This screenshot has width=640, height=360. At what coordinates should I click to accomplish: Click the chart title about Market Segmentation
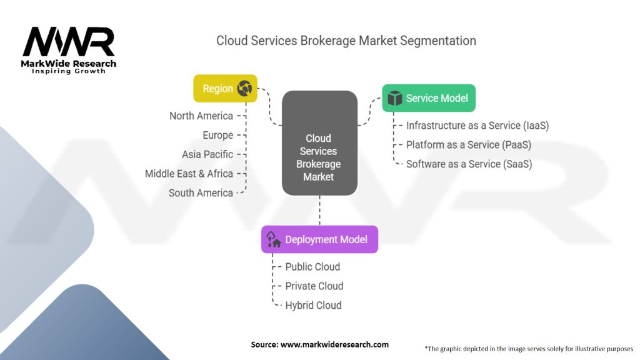click(x=346, y=41)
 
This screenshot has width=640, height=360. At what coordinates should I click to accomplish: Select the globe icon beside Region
click(x=244, y=89)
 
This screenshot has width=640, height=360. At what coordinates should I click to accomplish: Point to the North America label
click(x=201, y=116)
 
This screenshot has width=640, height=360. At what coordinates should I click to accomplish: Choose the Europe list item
click(x=217, y=135)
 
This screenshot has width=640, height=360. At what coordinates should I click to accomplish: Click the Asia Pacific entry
click(x=207, y=154)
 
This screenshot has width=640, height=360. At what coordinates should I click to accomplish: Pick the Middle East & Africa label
click(x=189, y=174)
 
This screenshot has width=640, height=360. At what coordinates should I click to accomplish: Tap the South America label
click(x=201, y=193)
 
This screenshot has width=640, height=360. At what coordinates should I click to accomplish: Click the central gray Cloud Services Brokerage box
click(x=319, y=142)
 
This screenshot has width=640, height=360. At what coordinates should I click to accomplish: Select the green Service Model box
click(x=428, y=98)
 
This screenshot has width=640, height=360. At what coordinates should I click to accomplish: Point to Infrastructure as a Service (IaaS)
click(x=477, y=126)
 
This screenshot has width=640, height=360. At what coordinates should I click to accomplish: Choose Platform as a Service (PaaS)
click(x=468, y=145)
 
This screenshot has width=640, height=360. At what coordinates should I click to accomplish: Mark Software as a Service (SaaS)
click(x=469, y=164)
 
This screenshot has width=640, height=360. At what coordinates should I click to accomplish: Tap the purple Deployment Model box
click(x=319, y=239)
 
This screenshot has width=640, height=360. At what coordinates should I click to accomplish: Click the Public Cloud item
click(x=312, y=267)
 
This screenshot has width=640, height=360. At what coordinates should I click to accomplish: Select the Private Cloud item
click(x=314, y=286)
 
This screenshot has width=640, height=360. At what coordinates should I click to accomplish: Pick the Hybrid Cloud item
click(x=313, y=306)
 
